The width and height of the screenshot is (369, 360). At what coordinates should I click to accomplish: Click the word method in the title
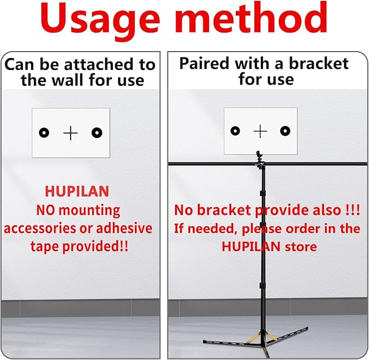coord(251,17)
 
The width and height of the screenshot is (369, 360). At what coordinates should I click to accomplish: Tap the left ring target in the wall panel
coord(44,132)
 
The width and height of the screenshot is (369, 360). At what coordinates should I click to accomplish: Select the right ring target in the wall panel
coord(97,132)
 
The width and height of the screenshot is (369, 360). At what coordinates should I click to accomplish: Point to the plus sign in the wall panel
coord(70,133)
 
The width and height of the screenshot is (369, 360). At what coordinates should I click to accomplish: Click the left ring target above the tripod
coord(235,131)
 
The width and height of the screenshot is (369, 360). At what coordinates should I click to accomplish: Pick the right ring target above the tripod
coord(285,131)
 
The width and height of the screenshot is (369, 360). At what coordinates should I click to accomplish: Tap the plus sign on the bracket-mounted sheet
coord(260,131)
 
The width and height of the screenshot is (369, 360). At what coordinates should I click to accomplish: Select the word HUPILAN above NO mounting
coord(77,191)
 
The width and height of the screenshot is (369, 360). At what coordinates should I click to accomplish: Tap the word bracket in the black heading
coord(318,63)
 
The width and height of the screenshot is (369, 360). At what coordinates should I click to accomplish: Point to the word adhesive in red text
coord(124,228)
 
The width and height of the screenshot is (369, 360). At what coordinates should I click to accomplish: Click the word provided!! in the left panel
coord(95,247)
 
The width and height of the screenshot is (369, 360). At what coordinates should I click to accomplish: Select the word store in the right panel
coord(301,247)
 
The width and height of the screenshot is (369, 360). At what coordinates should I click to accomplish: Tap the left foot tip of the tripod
coord(204,341)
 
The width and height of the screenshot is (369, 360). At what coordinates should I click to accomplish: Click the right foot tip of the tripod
coord(307,328)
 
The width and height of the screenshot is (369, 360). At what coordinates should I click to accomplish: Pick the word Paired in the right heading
coord(204,64)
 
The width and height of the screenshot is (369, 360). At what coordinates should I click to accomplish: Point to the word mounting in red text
coord(89,211)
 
